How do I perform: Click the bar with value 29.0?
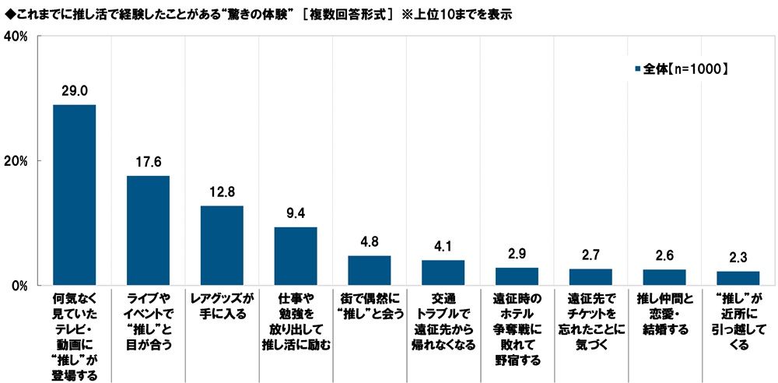[74, 195]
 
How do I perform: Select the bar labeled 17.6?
[148, 230]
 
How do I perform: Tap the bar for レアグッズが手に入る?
[222, 245]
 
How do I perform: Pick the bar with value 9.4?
[296, 256]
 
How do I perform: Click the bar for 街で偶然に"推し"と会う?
[370, 270]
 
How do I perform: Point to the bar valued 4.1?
[443, 272]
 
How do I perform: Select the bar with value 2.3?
[738, 278]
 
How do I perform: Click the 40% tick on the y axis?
[16, 37]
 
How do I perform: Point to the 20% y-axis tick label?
[16, 161]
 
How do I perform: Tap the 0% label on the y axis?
[19, 285]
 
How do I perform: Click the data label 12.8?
[222, 191]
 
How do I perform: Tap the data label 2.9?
[517, 253]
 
